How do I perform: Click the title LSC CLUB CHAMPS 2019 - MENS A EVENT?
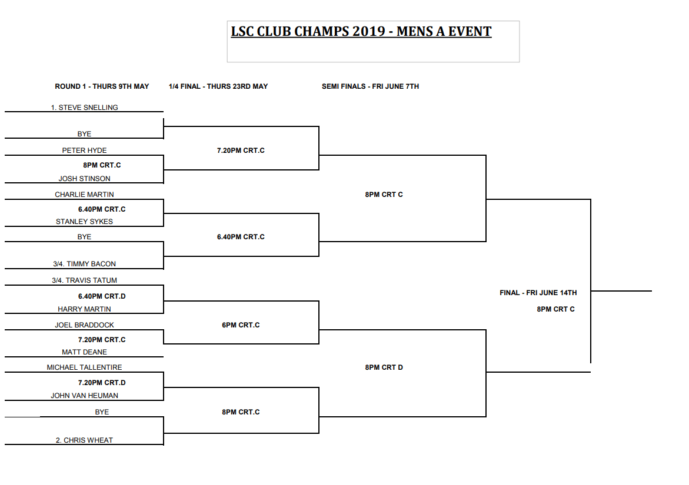click(361, 32)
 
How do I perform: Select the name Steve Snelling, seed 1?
click(84, 108)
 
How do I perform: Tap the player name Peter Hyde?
click(84, 150)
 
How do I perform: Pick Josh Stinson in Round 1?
click(84, 179)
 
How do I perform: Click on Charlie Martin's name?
click(84, 195)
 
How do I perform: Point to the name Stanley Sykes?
click(84, 222)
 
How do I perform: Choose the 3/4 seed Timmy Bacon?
click(84, 265)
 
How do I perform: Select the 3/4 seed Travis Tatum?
click(84, 280)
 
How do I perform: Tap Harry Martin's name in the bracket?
click(84, 309)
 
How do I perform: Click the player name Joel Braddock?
click(84, 325)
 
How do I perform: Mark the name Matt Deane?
click(84, 352)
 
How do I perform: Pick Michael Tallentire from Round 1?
click(84, 367)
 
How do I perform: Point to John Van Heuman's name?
click(84, 396)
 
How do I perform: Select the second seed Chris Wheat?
click(84, 440)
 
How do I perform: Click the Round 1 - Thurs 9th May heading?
click(102, 86)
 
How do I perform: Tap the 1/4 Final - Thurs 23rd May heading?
click(218, 86)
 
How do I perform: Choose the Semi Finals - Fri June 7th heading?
click(370, 86)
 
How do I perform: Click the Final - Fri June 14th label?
click(538, 293)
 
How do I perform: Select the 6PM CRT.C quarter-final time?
click(241, 325)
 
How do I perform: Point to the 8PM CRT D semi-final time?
click(384, 367)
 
